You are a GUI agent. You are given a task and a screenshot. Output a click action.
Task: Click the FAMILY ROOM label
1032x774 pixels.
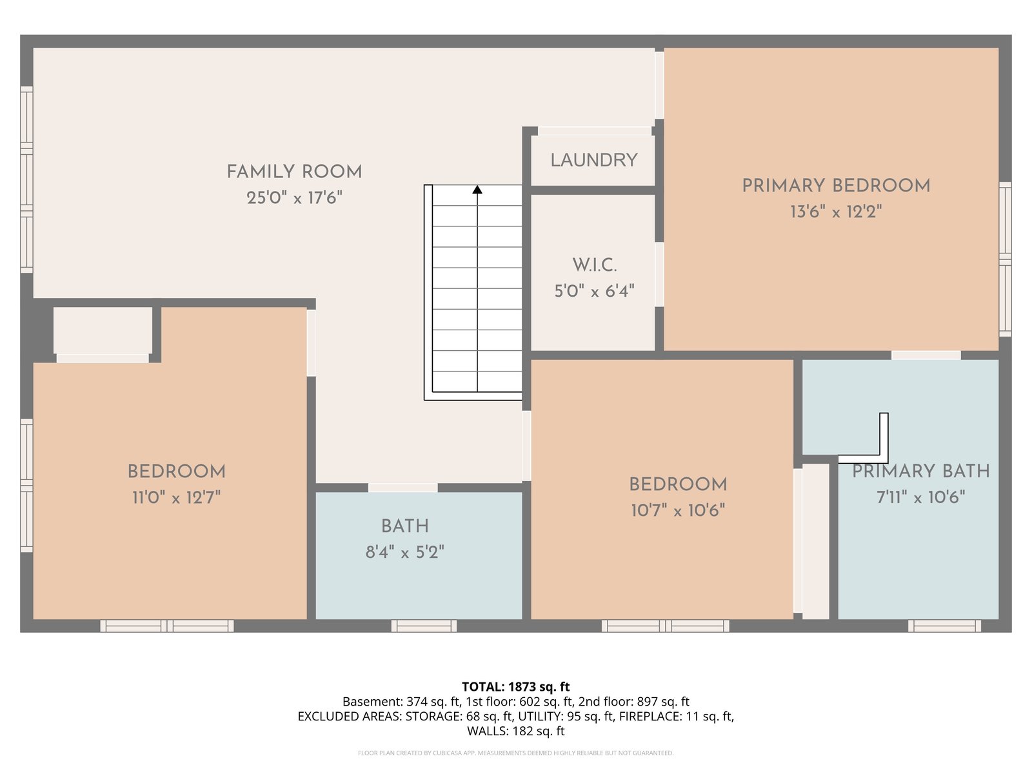(294, 172)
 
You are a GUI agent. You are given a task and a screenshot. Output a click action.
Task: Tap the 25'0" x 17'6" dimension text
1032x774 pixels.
(294, 198)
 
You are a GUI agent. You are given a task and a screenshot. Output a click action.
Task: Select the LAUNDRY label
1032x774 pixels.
(594, 160)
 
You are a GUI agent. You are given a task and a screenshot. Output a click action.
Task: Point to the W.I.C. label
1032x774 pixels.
(594, 266)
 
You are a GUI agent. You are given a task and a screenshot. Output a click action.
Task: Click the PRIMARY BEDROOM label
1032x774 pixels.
(836, 186)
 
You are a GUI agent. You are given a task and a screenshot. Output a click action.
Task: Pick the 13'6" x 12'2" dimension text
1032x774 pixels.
(836, 212)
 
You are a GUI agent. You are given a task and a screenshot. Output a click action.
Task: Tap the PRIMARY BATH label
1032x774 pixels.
(920, 471)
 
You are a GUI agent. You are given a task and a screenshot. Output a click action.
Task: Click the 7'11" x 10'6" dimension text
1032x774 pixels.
(920, 497)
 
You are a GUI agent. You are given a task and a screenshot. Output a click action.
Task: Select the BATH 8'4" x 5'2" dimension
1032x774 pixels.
(405, 552)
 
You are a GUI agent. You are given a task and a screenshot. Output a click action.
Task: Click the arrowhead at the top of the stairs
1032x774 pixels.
(477, 190)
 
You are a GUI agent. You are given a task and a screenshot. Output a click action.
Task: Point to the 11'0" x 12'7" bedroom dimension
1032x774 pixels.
(176, 497)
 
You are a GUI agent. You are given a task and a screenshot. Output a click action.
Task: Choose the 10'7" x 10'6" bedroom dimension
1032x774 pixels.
(678, 510)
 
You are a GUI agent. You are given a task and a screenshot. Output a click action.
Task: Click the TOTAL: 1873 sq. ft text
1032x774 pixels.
(516, 687)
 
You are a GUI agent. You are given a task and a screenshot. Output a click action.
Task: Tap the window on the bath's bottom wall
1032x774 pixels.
(424, 626)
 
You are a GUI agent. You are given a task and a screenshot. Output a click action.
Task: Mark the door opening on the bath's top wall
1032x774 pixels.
(403, 488)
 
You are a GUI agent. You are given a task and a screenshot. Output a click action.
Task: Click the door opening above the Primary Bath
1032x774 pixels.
(926, 355)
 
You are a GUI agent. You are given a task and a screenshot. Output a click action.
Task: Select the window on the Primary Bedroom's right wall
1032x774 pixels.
(1005, 259)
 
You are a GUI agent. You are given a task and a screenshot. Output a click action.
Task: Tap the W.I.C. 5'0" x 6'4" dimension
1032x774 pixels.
(594, 292)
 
